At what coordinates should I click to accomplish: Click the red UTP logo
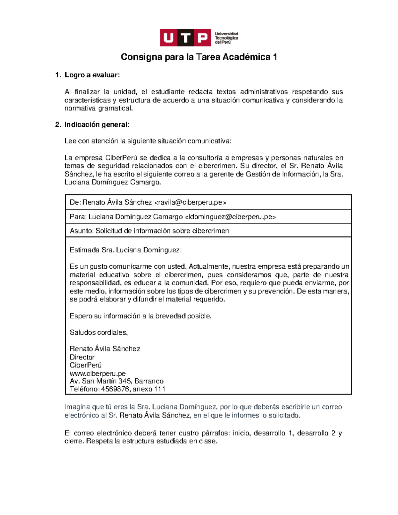pos(185,38)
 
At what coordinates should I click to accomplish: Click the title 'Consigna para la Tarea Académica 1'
pos(199,57)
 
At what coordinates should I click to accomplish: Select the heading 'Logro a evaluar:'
pos(92,75)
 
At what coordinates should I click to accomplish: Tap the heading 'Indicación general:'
pos(97,125)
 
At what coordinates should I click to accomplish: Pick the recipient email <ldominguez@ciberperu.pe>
pos(230,217)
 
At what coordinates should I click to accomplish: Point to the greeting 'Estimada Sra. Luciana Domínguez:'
pos(126,250)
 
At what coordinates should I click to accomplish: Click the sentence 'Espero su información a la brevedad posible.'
pos(140,316)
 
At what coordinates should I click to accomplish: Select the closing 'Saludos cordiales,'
pos(99,332)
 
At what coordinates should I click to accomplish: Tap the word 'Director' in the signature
pos(82,357)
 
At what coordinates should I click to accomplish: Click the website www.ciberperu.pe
pos(98,373)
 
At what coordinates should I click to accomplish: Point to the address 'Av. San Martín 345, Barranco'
pos(116,381)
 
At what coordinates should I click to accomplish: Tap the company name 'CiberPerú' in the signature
pos(86,365)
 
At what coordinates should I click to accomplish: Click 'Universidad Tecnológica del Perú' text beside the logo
pos(226,38)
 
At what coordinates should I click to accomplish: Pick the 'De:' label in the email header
pos(75,202)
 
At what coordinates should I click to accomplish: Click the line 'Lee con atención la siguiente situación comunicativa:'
pos(148,141)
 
